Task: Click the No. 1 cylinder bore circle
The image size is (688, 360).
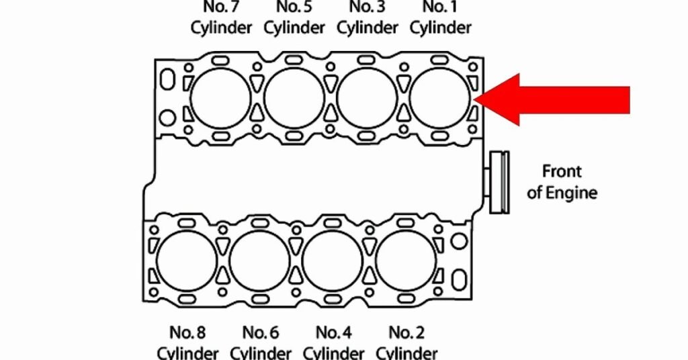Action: pyautogui.click(x=440, y=98)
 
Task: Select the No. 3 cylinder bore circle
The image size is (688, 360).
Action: pyautogui.click(x=368, y=98)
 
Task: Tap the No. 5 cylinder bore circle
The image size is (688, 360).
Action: pyautogui.click(x=294, y=98)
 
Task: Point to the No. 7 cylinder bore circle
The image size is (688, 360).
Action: pyautogui.click(x=220, y=98)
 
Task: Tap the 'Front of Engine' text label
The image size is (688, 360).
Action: pyautogui.click(x=562, y=182)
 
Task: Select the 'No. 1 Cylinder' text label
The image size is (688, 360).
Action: pyautogui.click(x=440, y=18)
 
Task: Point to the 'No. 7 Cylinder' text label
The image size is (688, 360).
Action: pyautogui.click(x=221, y=18)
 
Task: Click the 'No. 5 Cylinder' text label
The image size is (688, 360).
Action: pyautogui.click(x=294, y=18)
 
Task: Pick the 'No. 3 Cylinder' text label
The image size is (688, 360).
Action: pyautogui.click(x=368, y=18)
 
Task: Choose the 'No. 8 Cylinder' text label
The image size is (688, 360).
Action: pyautogui.click(x=187, y=342)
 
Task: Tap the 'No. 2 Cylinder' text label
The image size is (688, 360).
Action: pyautogui.click(x=406, y=342)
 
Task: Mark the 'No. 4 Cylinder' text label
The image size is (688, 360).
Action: pyautogui.click(x=333, y=342)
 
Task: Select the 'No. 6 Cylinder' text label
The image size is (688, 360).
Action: pyautogui.click(x=261, y=342)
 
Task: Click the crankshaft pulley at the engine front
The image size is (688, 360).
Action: pyautogui.click(x=499, y=183)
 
